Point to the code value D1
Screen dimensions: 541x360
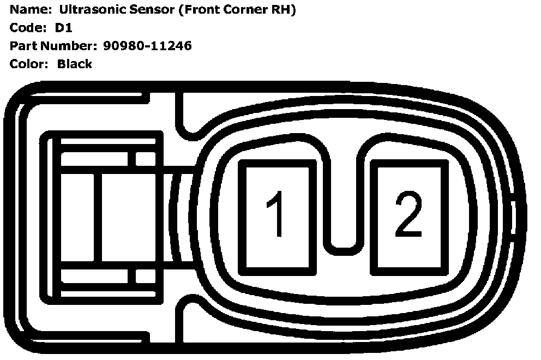(x=63, y=28)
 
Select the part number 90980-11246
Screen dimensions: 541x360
(x=147, y=46)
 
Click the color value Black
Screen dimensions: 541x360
(x=75, y=64)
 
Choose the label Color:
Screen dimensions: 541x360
(x=29, y=64)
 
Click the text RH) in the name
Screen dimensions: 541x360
(x=282, y=10)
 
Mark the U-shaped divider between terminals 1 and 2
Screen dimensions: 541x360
(x=343, y=240)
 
